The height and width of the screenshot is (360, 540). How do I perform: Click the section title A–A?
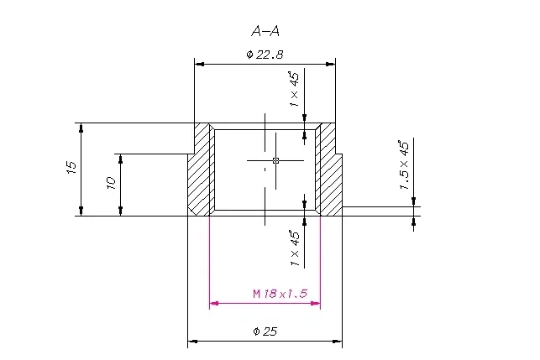coord(265,32)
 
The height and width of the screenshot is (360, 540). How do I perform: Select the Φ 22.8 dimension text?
coord(265,55)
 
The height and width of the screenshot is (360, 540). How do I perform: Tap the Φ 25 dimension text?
coord(265,331)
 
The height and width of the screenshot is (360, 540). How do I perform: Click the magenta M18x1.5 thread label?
coord(280,294)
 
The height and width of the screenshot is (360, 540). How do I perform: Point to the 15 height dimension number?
coord(71,167)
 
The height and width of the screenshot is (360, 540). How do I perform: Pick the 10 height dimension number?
coord(111,183)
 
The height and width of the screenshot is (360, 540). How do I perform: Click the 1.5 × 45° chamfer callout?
coord(404,164)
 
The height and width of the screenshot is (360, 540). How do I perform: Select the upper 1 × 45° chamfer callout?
coord(295,89)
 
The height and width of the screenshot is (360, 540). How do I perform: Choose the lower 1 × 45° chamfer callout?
coord(295,248)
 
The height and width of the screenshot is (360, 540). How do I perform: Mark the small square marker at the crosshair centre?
coord(275,160)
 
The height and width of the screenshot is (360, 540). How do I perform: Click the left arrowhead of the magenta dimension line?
coord(214,303)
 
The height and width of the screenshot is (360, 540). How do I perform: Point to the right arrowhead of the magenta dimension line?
coord(316,303)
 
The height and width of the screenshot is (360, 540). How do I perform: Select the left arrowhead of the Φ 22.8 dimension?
coord(199,64)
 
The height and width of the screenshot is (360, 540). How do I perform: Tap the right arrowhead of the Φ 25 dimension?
coord(338,342)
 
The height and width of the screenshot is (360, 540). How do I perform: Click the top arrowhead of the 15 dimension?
coord(81,128)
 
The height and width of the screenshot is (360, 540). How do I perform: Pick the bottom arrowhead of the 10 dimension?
coord(121,211)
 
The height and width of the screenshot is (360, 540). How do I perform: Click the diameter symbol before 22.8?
coord(250,55)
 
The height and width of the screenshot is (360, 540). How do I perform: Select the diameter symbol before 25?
coord(256,331)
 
